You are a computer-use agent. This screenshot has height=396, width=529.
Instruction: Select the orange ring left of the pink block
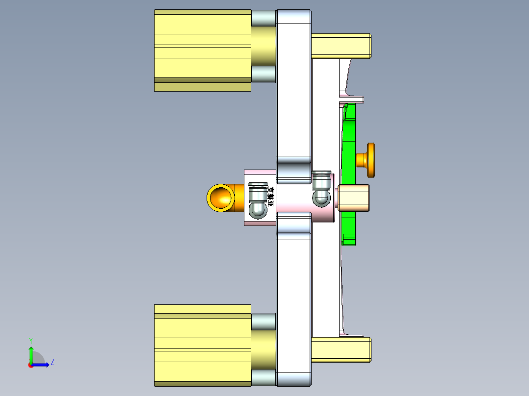219,198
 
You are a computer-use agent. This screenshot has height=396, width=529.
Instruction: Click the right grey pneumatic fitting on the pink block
321,188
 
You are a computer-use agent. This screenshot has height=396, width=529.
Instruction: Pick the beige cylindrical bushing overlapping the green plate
354,198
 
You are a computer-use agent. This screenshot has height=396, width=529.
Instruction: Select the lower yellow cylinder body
202,343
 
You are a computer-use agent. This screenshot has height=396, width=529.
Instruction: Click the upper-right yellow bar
341,46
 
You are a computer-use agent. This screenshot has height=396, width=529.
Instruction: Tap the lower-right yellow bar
341,349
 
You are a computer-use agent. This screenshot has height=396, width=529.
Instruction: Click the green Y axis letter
30,340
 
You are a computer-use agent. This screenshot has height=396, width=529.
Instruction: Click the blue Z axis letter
52,362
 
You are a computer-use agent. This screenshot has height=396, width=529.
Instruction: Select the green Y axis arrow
30,353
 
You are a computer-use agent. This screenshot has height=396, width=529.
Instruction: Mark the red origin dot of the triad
30,365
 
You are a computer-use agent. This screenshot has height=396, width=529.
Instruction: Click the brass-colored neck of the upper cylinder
264,46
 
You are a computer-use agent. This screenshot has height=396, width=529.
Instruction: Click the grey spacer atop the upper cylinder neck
264,18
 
